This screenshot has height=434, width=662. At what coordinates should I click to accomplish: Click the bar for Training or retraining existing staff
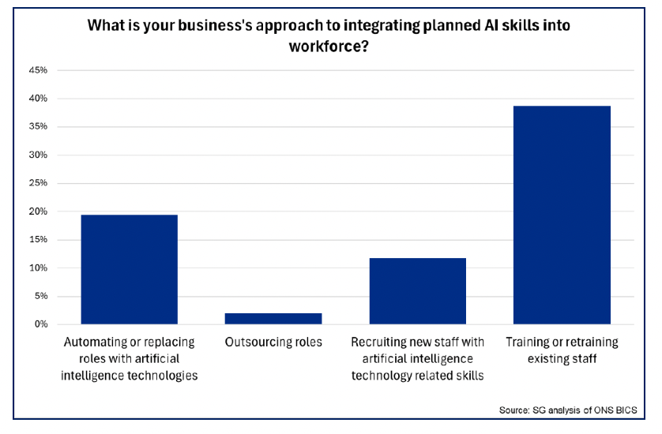point(562,215)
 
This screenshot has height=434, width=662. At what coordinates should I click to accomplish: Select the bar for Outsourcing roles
point(273,319)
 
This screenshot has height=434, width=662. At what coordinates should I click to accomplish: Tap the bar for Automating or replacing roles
point(130,269)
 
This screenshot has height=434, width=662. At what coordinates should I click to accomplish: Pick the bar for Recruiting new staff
point(418,290)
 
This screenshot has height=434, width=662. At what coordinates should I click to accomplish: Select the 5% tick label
point(40,296)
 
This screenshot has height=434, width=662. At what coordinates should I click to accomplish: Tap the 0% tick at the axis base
point(40,324)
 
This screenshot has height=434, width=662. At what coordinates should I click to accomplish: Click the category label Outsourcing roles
point(273,342)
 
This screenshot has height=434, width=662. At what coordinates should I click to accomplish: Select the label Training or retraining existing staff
point(562,350)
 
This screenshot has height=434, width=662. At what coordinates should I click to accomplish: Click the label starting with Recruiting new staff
point(418,358)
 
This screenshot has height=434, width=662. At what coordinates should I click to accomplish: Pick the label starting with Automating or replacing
point(130,358)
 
